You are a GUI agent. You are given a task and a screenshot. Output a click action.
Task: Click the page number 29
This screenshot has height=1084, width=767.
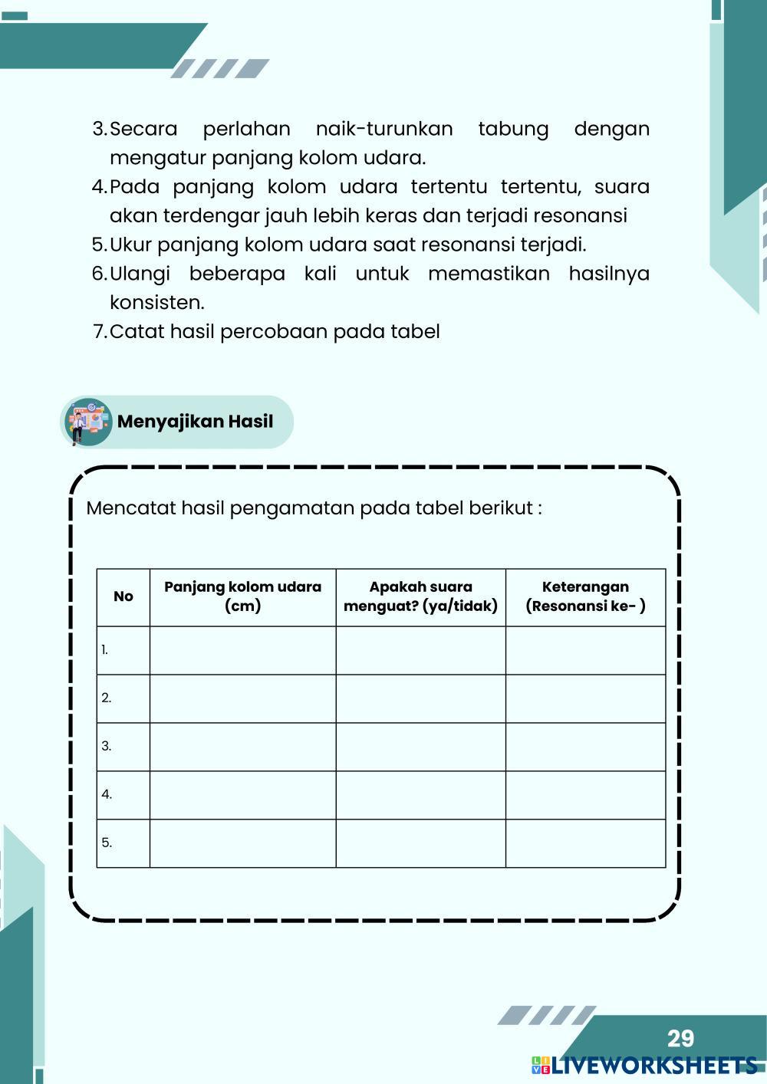680,1038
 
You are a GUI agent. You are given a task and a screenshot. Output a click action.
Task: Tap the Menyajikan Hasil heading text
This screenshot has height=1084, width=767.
195,422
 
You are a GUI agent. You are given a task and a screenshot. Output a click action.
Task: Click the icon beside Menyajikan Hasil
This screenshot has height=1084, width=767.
87,422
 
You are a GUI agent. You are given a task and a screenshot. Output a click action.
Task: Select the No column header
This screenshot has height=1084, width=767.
123,596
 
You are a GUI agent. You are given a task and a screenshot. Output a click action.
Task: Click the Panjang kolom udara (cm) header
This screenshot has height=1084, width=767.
242,596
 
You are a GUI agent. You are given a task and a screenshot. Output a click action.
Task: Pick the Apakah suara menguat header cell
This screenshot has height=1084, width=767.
420,596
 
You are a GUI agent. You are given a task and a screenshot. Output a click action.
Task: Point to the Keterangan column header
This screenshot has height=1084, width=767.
585,596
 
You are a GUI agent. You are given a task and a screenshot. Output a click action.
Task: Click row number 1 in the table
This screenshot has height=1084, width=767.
105,650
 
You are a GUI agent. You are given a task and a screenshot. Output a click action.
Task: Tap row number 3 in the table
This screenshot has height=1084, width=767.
107,746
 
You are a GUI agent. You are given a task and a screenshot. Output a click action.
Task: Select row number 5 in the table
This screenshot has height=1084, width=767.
107,843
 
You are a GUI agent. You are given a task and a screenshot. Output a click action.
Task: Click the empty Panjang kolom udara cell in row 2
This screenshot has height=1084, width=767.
242,698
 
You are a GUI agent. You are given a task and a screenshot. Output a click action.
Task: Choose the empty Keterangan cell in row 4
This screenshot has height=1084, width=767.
585,795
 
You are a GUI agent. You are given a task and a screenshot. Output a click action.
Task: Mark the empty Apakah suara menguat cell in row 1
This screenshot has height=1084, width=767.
420,650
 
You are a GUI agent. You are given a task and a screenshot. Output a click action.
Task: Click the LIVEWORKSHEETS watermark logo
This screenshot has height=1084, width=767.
644,1066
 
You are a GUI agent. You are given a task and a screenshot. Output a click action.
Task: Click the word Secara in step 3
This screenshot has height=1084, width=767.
143,129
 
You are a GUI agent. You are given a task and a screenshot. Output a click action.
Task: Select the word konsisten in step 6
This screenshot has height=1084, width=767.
156,303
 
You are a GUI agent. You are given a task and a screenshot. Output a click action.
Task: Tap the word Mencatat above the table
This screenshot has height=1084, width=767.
130,508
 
